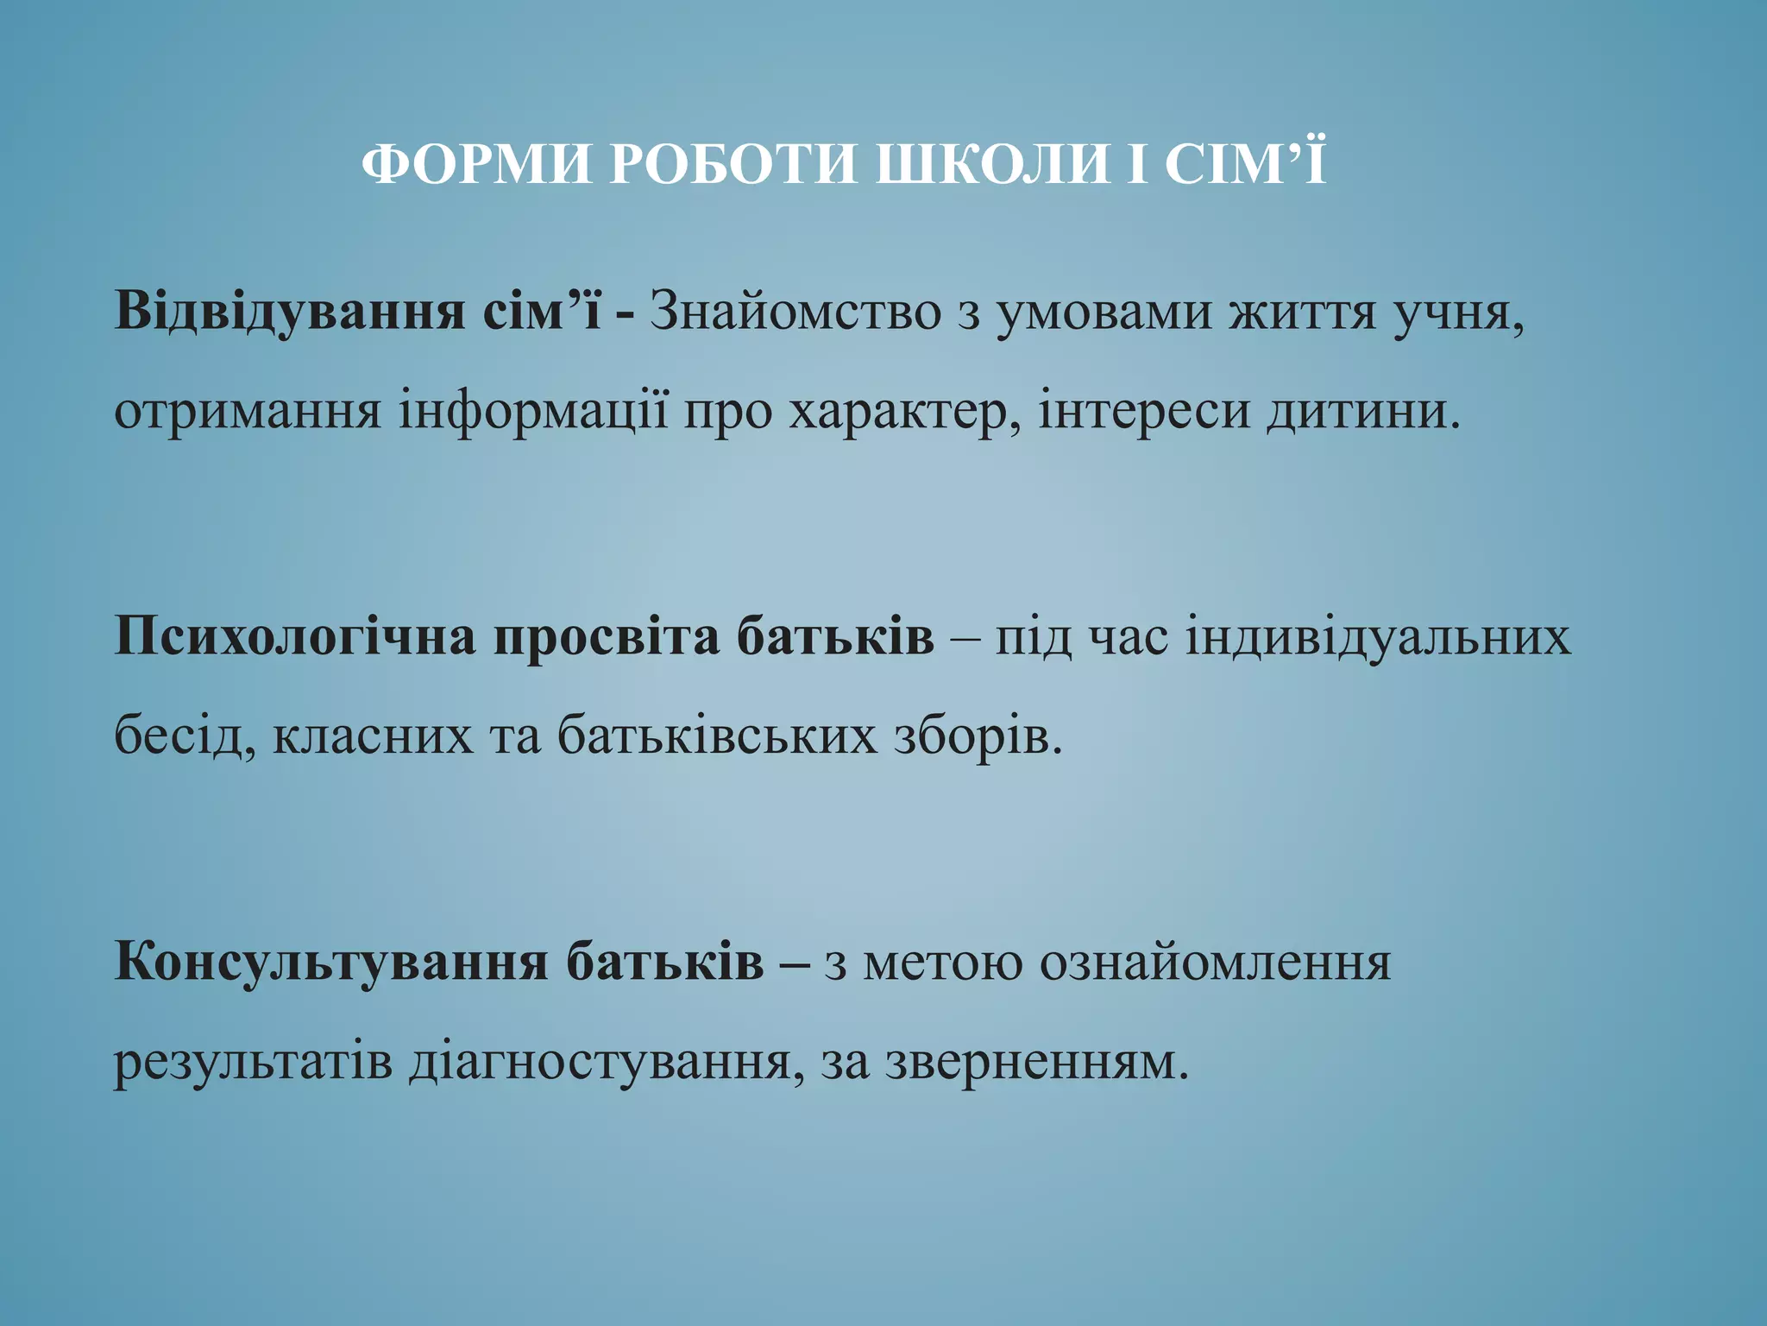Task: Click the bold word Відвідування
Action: [x=289, y=311]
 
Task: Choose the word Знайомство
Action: [x=795, y=311]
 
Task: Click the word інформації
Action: [x=533, y=411]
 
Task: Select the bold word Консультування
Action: [x=331, y=963]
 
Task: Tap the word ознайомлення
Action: [x=1215, y=963]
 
